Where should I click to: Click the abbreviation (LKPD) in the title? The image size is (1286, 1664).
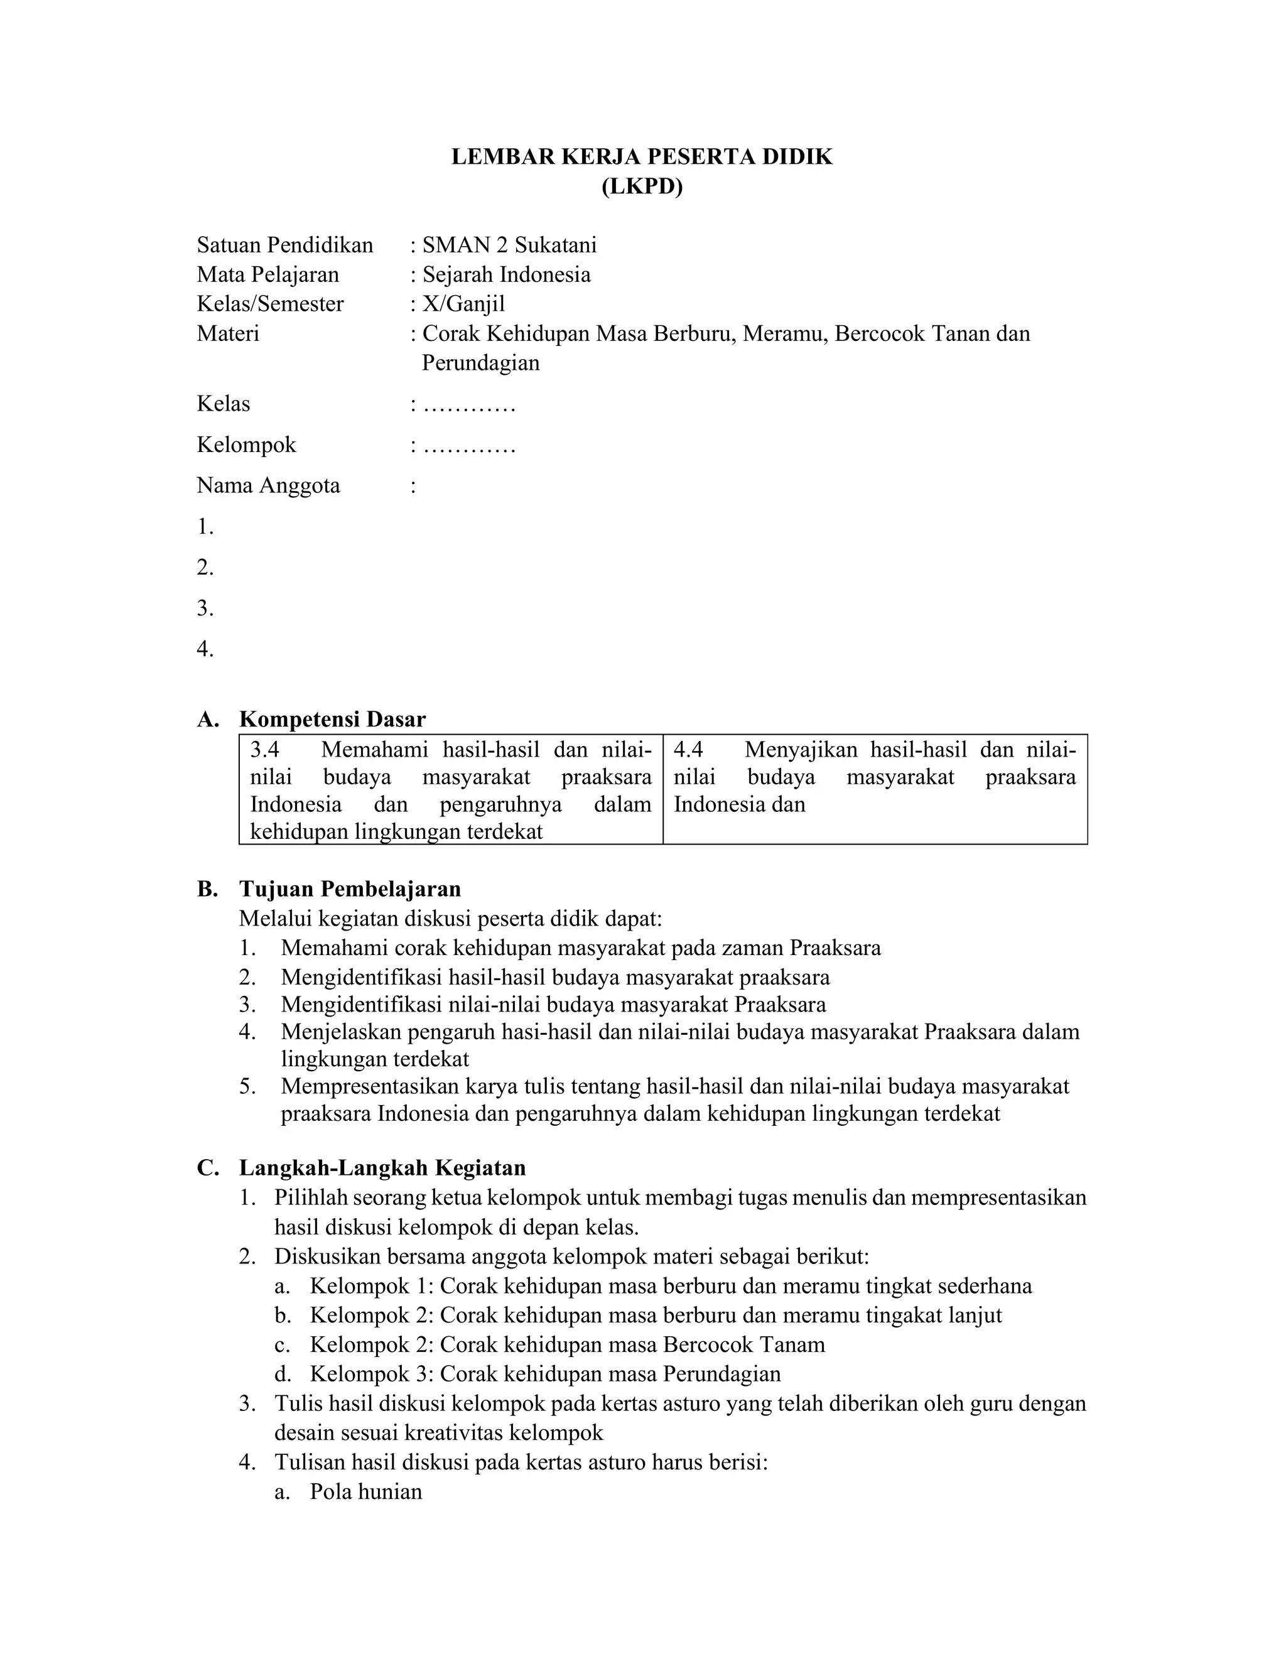point(642,186)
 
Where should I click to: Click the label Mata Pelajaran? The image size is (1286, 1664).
point(267,274)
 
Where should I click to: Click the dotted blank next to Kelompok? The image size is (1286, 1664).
point(468,445)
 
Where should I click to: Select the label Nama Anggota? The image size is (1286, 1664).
point(268,485)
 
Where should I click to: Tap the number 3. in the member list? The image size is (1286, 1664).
point(205,608)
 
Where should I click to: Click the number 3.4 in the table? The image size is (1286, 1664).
point(265,750)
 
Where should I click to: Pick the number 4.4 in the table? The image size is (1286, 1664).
point(688,750)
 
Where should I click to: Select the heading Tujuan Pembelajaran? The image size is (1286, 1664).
point(350,889)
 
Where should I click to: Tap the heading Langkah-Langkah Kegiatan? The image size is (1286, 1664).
point(382,1168)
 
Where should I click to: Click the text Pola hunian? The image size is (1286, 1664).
point(365,1491)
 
